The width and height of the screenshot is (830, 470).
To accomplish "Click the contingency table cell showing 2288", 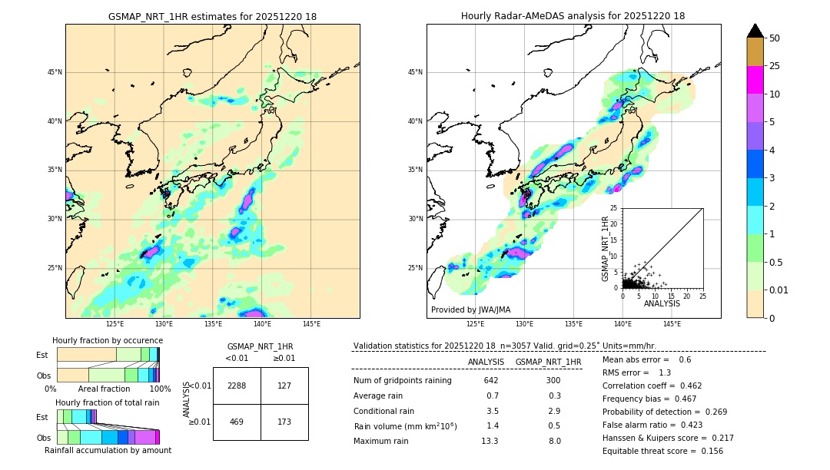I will [x=237, y=386].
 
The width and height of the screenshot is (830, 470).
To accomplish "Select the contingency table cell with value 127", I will [x=284, y=386].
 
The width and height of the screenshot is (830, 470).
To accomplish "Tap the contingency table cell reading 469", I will [x=237, y=422].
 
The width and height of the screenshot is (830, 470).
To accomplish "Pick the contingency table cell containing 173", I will [x=284, y=422].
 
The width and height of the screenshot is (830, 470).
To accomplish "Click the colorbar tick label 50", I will [x=775, y=38].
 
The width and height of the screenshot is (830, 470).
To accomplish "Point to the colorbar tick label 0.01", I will [x=779, y=290].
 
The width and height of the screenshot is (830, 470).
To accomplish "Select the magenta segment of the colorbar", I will [x=755, y=80].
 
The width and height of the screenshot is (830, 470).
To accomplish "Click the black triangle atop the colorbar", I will [x=755, y=31].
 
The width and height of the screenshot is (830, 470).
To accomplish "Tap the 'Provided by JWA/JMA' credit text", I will [x=470, y=310].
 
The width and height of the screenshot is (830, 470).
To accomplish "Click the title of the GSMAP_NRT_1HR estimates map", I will [x=212, y=16].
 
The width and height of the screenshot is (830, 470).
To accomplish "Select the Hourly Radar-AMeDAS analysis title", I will [x=573, y=16].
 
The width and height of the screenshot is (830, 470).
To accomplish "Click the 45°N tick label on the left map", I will [x=55, y=72].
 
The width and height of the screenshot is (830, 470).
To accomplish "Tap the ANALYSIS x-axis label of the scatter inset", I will [x=662, y=303].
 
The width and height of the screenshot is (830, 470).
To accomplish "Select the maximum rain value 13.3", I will [x=490, y=441].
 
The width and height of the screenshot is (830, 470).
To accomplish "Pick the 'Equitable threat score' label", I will [x=649, y=451].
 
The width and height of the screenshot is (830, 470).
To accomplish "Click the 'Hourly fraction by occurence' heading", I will [x=108, y=340].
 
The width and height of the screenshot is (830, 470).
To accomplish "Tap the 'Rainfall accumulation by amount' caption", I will [x=108, y=450].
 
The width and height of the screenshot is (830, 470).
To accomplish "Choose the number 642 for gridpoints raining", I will [x=491, y=381].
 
